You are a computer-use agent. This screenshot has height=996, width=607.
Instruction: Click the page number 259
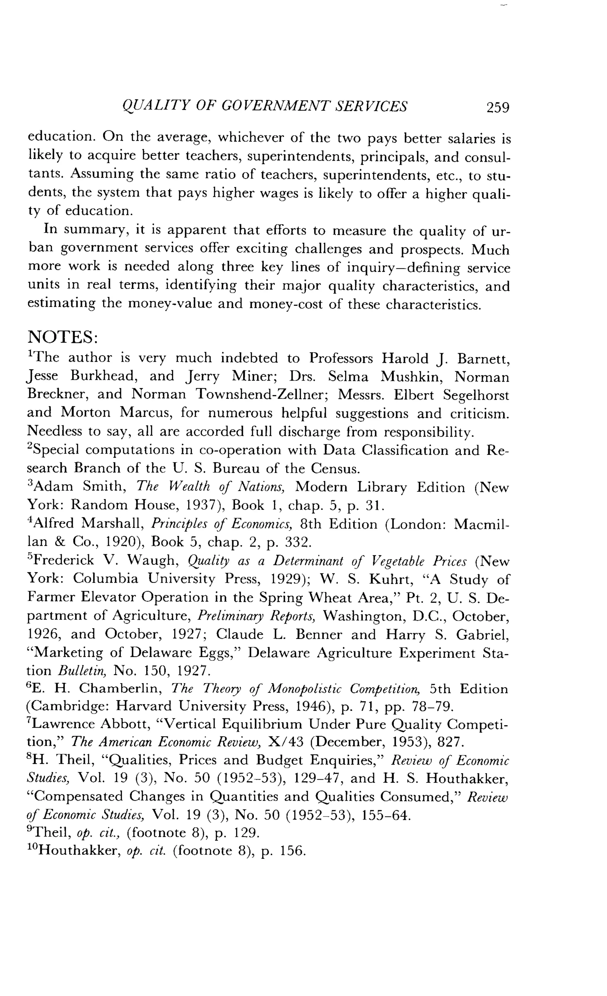pyautogui.click(x=498, y=108)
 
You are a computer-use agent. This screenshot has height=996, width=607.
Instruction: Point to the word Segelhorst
pyautogui.click(x=476, y=395)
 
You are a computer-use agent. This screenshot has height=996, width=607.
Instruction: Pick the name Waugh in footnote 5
pyautogui.click(x=154, y=561)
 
